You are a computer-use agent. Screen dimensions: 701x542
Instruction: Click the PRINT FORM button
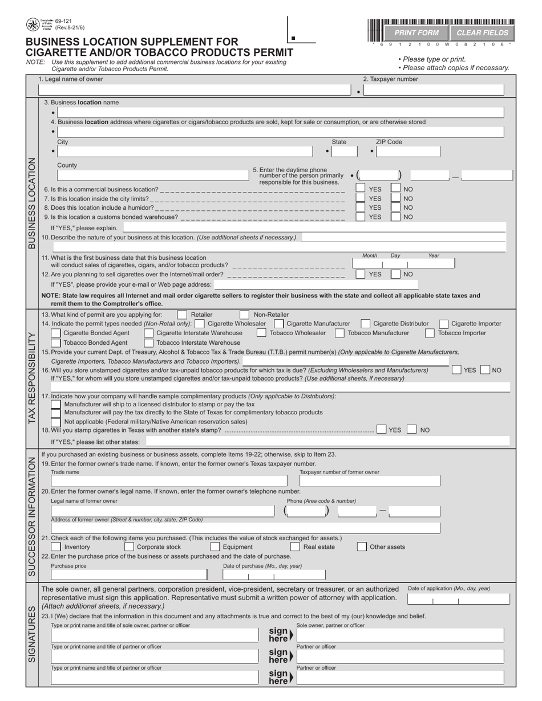[x=416, y=33]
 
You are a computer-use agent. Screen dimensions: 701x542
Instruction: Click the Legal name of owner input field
[x=194, y=89]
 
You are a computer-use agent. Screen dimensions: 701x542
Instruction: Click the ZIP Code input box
[x=409, y=152]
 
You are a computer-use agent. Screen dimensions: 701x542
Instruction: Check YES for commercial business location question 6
[x=361, y=189]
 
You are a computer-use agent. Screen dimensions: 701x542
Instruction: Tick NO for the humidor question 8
[x=395, y=207]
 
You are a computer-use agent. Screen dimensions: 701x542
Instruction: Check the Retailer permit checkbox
[x=182, y=315]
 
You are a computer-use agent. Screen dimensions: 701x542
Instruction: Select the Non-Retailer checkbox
[x=244, y=315]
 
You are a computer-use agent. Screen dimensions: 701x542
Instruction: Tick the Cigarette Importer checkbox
[x=443, y=324]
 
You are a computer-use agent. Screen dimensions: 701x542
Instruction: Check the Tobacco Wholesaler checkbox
[x=261, y=333]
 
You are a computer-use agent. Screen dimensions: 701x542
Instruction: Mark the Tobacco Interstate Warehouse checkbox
[x=148, y=343]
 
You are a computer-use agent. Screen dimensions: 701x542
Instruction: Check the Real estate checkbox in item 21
[x=295, y=547]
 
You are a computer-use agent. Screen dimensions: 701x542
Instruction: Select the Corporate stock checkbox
[x=130, y=547]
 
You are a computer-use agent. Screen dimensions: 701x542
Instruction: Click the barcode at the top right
[x=442, y=22]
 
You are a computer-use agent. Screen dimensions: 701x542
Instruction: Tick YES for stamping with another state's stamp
[x=381, y=430]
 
